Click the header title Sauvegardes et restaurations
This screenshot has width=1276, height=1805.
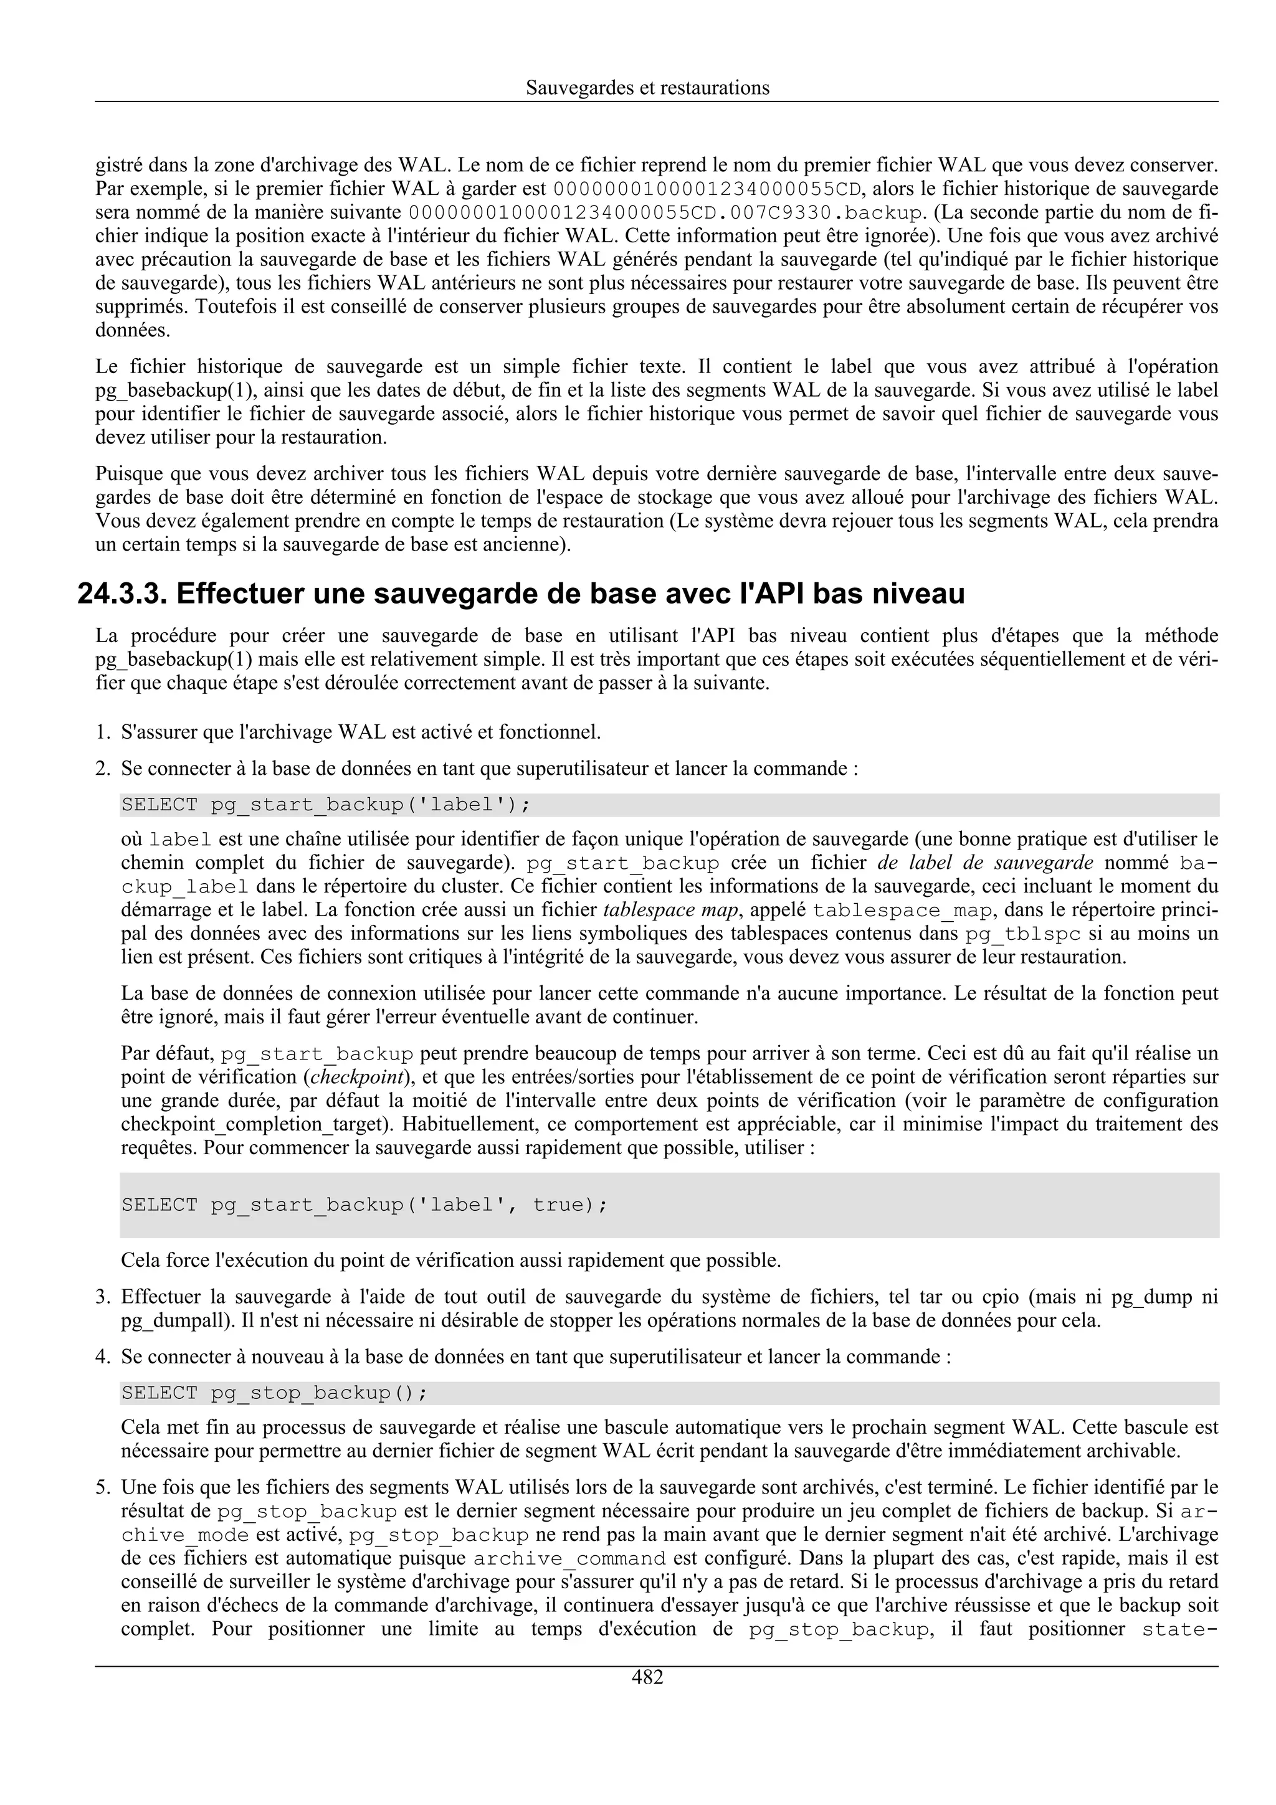647,87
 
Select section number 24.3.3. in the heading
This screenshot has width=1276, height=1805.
122,594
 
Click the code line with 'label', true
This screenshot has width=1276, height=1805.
364,1205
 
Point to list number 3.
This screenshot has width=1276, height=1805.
102,1297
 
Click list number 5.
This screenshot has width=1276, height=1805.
102,1487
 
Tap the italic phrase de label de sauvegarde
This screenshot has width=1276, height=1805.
985,863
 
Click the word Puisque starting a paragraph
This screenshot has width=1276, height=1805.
126,473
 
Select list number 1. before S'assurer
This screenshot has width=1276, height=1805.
102,732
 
